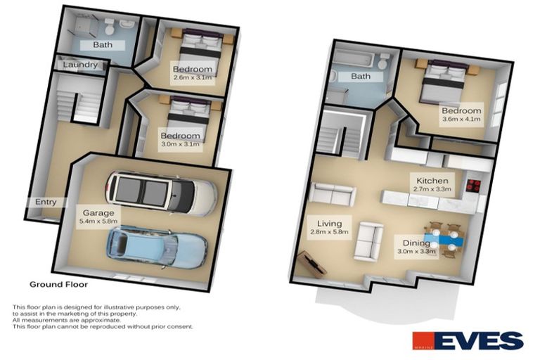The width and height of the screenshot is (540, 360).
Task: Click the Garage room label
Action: pyautogui.click(x=98, y=212)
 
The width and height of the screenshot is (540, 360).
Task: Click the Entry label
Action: pyautogui.click(x=46, y=202)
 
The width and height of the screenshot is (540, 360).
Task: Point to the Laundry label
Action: pyautogui.click(x=79, y=65)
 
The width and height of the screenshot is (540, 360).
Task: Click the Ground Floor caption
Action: pyautogui.click(x=58, y=285)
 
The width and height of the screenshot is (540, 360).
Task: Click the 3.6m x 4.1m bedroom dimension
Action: pyautogui.click(x=461, y=120)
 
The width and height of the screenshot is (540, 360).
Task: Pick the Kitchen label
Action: pyautogui.click(x=432, y=181)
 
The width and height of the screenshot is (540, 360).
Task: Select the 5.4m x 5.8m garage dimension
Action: pyautogui.click(x=98, y=221)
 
